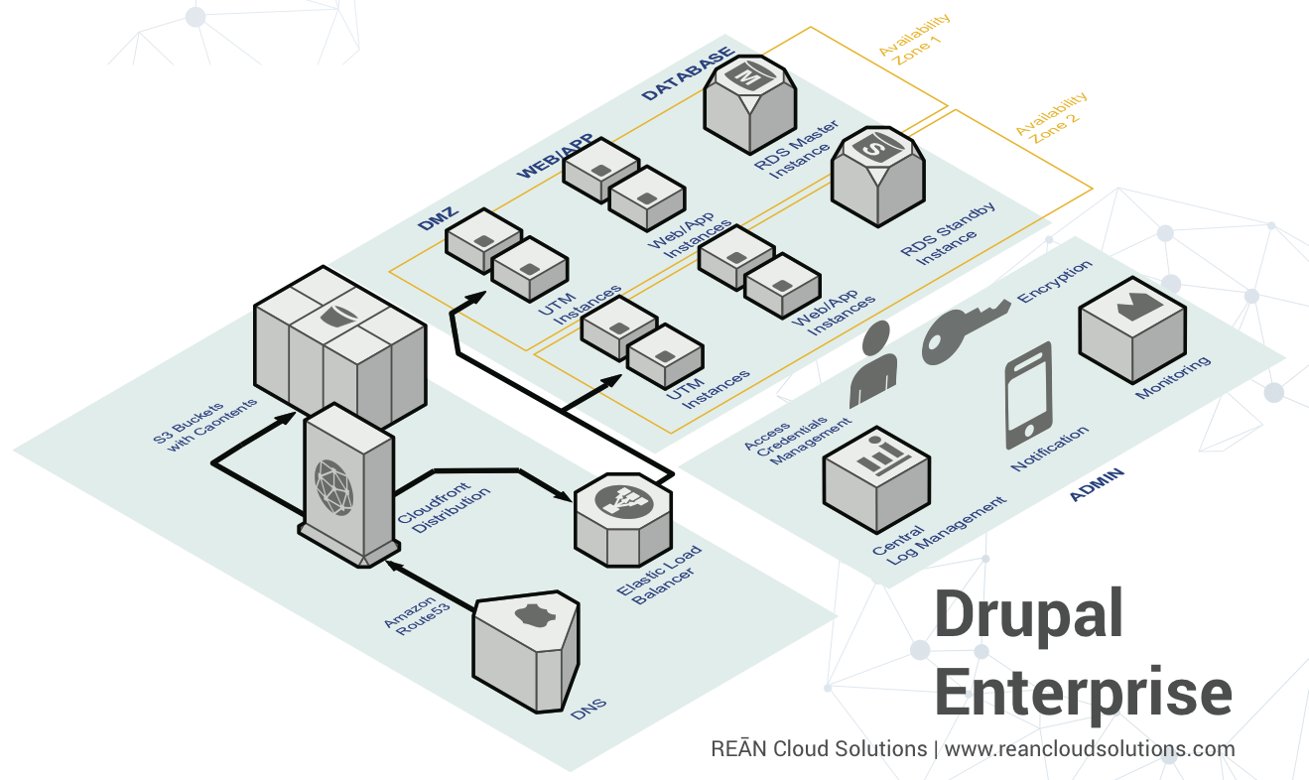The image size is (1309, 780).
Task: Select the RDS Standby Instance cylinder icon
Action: point(877,175)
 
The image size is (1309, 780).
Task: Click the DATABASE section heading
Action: point(688,74)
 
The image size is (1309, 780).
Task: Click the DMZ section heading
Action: point(435,219)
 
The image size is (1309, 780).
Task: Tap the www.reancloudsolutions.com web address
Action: point(1089,748)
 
